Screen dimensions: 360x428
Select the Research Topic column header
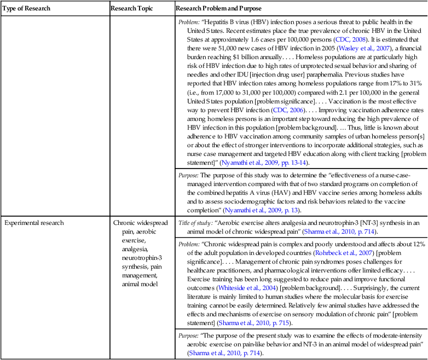(132, 8)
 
